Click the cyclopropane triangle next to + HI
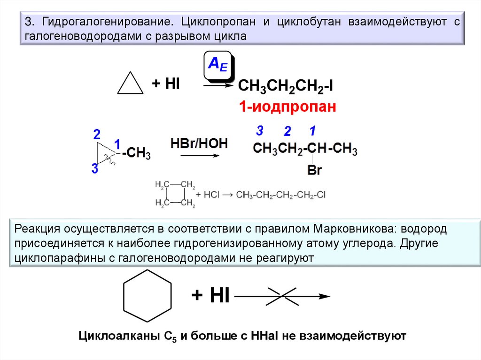130,85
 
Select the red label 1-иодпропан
287,107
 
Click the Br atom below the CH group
314,170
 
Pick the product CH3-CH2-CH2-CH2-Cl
280,194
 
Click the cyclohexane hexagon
147,296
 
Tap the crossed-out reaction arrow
282,296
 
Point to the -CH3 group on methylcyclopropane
136,154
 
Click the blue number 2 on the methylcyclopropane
97,135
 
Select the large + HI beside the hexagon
210,296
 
